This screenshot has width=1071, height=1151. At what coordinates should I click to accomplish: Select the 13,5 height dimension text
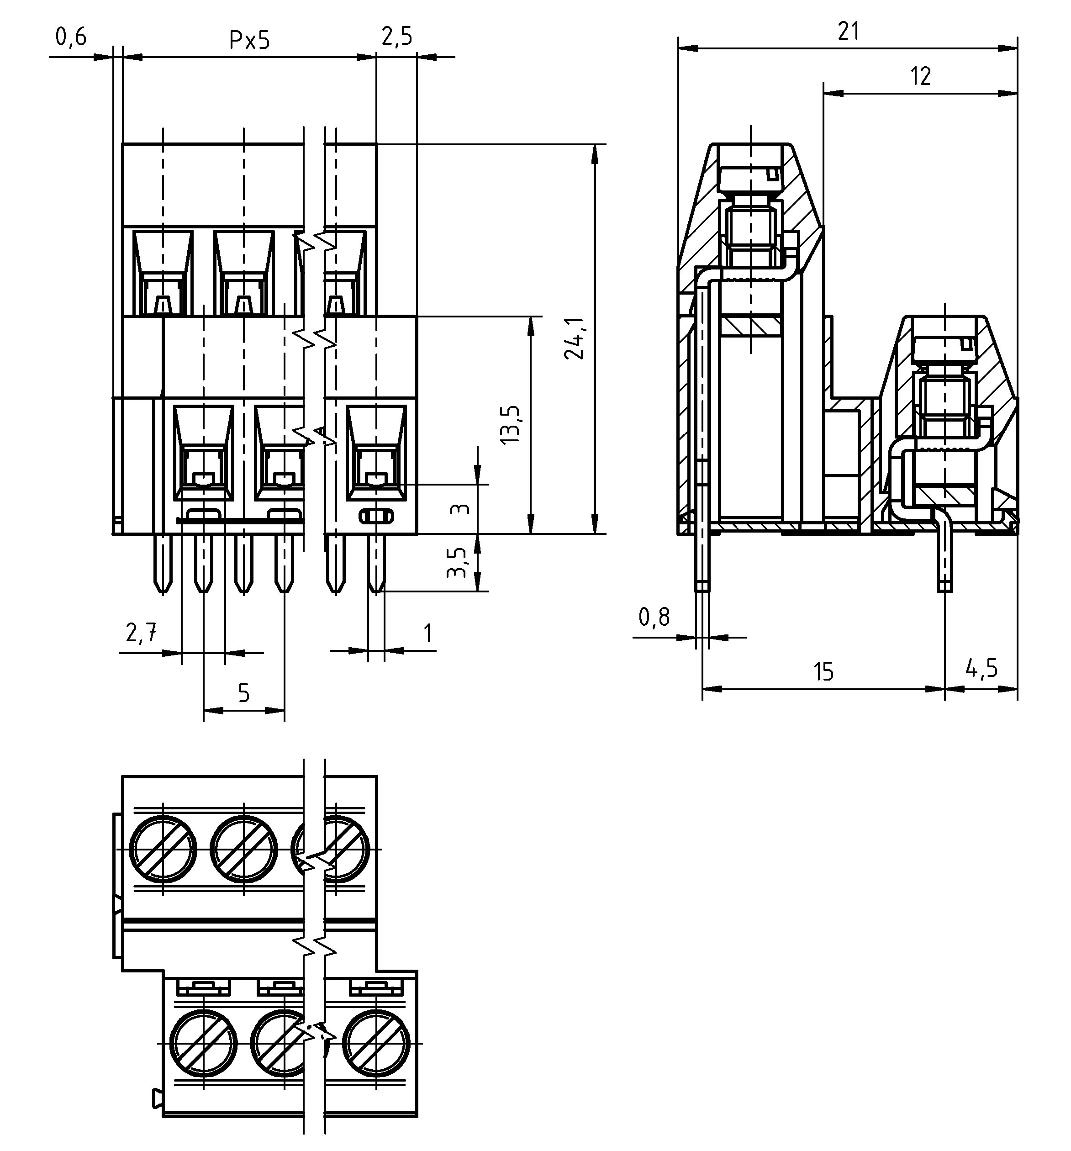click(511, 424)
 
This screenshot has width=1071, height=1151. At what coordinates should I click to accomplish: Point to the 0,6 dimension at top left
click(71, 37)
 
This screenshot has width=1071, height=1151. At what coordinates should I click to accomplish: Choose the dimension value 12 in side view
click(920, 76)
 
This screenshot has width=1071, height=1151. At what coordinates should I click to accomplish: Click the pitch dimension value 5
click(244, 693)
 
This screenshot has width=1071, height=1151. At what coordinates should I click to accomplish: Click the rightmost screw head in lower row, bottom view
click(377, 1043)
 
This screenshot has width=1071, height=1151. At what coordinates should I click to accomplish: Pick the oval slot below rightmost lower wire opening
click(376, 515)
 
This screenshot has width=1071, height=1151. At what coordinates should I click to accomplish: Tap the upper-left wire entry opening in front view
click(163, 272)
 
